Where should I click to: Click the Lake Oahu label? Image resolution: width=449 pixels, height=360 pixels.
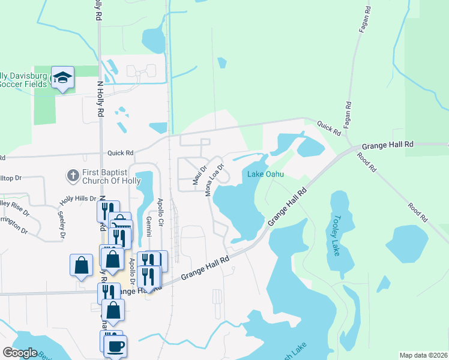tap(265, 175)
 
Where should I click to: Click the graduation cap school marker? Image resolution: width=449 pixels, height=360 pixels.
tap(62, 77)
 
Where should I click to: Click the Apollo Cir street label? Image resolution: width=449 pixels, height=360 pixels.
tap(160, 210)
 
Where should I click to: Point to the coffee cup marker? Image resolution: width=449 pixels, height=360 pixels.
tap(115, 346)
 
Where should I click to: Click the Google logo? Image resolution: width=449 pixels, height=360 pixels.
tap(20, 353)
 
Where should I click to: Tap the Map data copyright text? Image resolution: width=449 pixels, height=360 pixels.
tap(423, 355)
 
